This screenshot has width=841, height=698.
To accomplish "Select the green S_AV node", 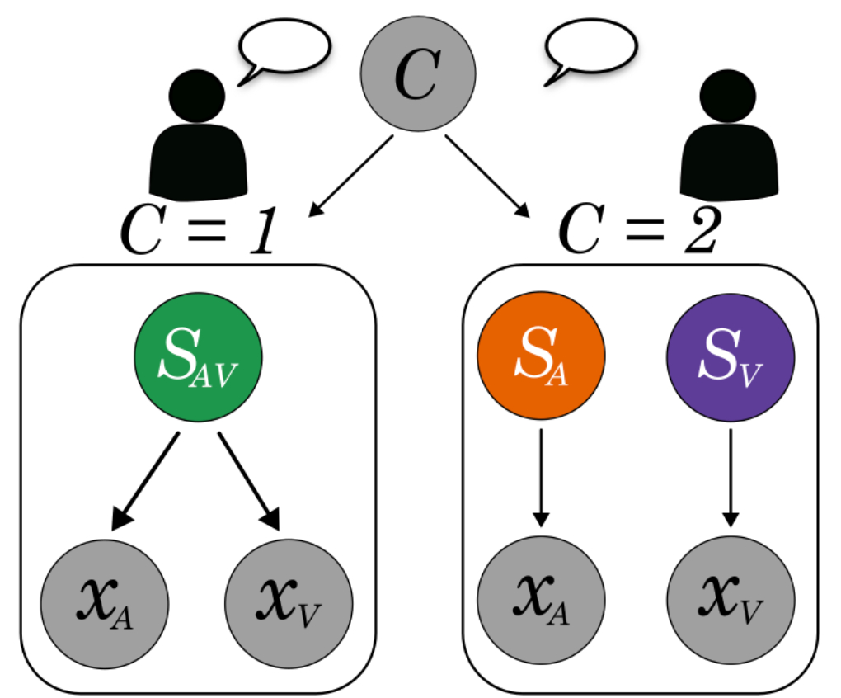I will (198, 363).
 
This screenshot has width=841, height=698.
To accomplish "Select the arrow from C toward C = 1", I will (353, 176).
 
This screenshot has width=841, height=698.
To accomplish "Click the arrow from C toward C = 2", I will (487, 176).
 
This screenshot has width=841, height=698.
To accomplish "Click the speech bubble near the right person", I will (590, 45).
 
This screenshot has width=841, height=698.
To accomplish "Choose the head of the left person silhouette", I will (197, 95).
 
